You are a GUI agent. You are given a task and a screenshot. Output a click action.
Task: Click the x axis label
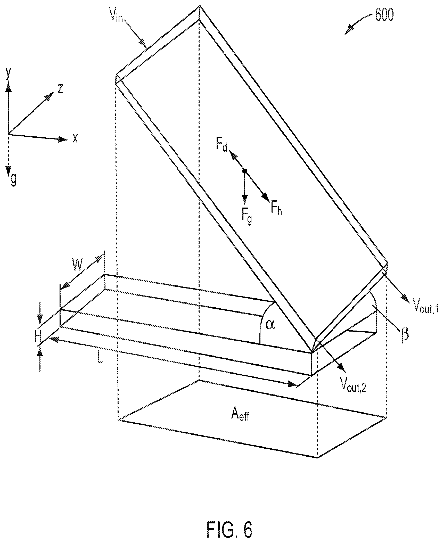[x=75, y=140]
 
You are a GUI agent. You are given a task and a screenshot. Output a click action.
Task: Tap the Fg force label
[x=247, y=214]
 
